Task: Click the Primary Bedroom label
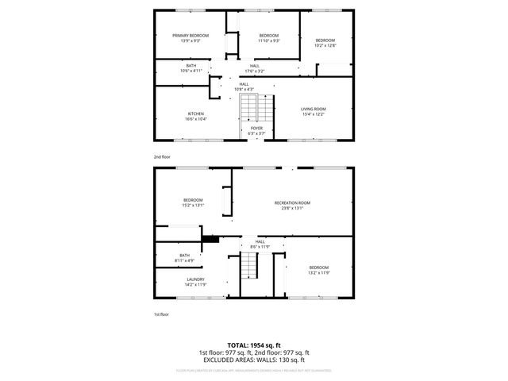click(x=190, y=36)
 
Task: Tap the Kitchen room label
click(x=195, y=114)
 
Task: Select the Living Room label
click(x=312, y=110)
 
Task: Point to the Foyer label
click(x=256, y=128)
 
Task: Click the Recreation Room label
click(x=292, y=203)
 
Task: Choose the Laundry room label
click(x=195, y=279)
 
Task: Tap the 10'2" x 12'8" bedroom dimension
click(x=325, y=45)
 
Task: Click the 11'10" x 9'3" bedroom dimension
click(x=269, y=41)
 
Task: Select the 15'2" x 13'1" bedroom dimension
click(x=194, y=205)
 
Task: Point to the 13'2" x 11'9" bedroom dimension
click(x=318, y=273)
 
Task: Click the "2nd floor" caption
click(x=162, y=157)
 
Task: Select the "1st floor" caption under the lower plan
click(x=161, y=314)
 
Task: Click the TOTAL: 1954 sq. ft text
click(x=253, y=346)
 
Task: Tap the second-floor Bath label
click(x=191, y=65)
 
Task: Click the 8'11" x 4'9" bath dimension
click(x=184, y=260)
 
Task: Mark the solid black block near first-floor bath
click(x=210, y=237)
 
